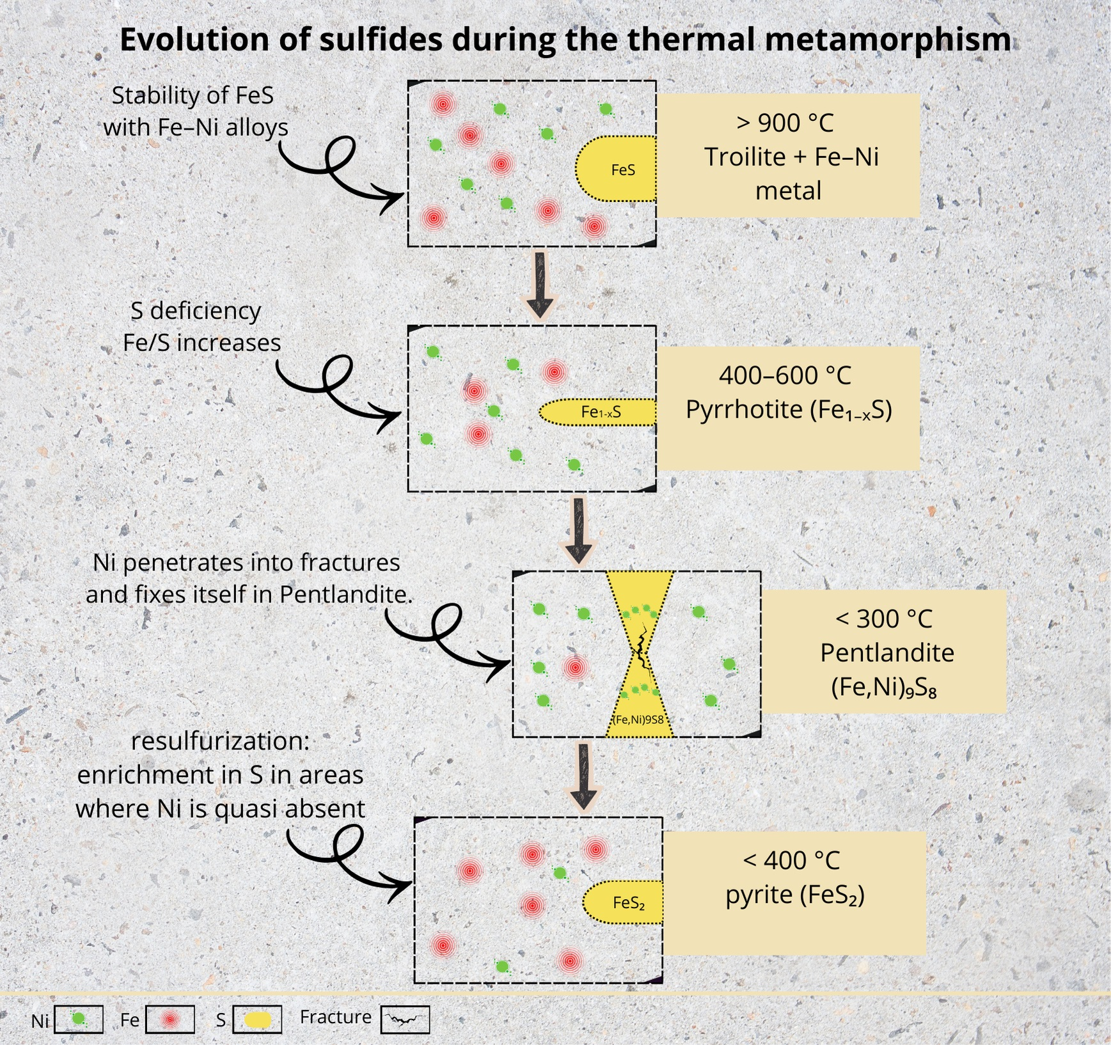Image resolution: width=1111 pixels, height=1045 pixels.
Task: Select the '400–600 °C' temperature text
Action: coord(785,375)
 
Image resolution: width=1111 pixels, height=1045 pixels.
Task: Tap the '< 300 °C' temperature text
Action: coord(884,618)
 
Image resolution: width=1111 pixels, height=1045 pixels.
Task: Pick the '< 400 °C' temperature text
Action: coord(791,860)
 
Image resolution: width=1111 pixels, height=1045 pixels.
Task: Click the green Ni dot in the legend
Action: coord(79,1019)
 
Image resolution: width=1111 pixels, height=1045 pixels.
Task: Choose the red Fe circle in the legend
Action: coord(169,1019)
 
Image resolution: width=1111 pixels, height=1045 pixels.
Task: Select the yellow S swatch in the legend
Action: coord(257,1019)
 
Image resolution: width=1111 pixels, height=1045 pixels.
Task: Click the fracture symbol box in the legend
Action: coord(405,1019)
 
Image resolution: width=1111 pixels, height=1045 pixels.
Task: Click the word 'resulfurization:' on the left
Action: coord(220,741)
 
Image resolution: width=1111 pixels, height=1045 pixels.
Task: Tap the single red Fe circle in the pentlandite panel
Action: coord(575,668)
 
